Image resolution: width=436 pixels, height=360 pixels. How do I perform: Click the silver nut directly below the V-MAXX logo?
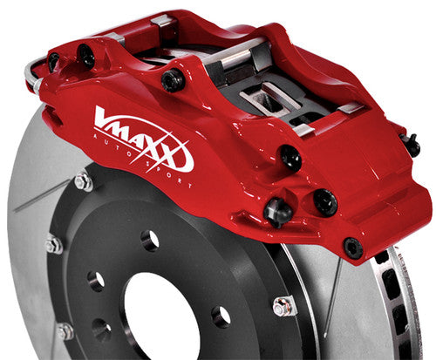[x=84, y=181]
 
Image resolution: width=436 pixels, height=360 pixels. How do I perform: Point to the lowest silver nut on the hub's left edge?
[x=65, y=330]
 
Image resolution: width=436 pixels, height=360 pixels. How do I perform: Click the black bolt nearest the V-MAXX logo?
[x=173, y=80]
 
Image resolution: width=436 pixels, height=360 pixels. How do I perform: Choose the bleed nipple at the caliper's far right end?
[x=411, y=145]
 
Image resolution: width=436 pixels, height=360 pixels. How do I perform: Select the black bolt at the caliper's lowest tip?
[x=352, y=248]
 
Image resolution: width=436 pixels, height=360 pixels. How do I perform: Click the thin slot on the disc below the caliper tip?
[x=335, y=296]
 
